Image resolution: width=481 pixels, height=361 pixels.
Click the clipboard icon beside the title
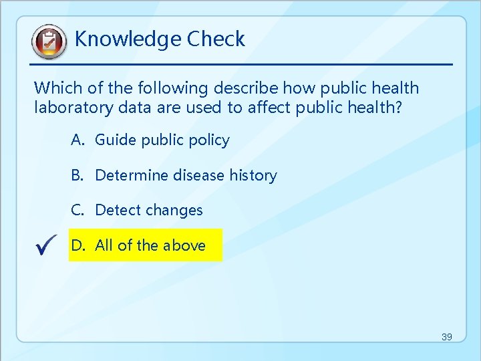click(x=49, y=42)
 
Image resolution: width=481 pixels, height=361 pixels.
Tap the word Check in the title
click(x=216, y=39)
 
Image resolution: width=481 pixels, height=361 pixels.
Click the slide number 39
click(x=446, y=337)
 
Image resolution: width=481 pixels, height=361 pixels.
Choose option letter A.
click(x=77, y=140)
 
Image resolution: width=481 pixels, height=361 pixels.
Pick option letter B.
click(x=77, y=175)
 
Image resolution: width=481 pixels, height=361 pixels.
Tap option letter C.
click(x=77, y=210)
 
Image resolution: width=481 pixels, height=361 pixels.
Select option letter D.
click(x=78, y=245)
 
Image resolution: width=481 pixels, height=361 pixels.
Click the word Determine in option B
click(x=132, y=175)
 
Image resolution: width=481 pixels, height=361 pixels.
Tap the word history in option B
click(x=253, y=175)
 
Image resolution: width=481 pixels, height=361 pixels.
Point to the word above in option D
click(x=184, y=245)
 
